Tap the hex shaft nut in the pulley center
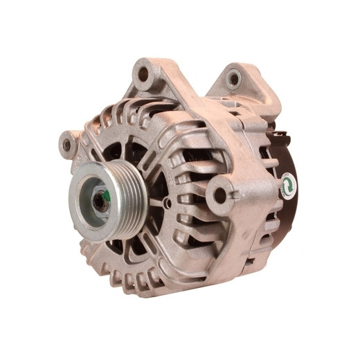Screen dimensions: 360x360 [101, 201]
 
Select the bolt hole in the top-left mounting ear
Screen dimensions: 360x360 [144, 73]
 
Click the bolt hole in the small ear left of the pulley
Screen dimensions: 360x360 [67, 144]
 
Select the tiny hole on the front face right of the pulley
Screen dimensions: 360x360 [168, 204]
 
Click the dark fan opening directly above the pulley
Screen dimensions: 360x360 [115, 148]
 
